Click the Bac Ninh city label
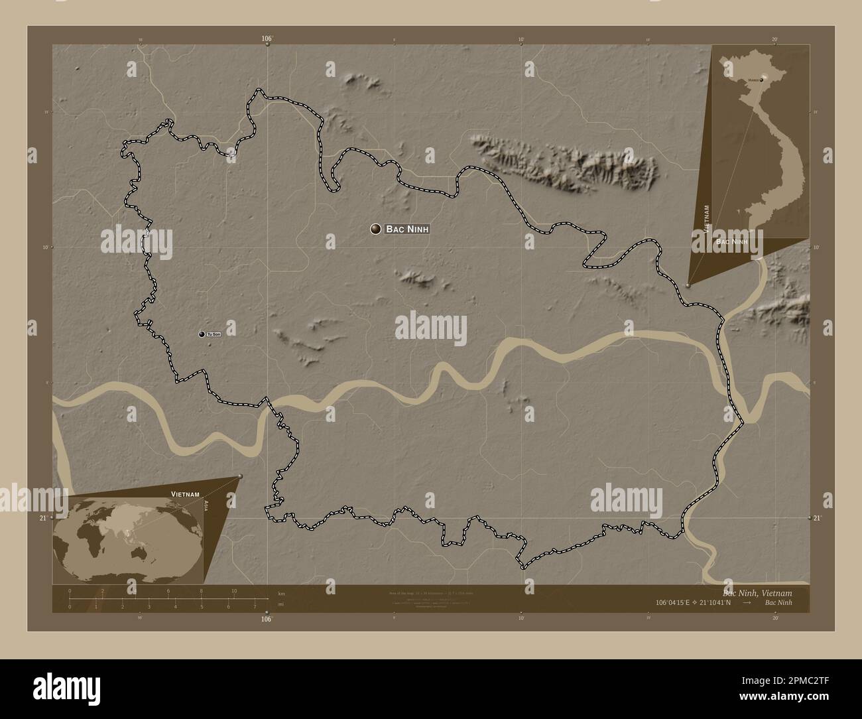click(x=407, y=229)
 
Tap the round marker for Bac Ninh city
click(x=376, y=229)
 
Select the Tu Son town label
click(x=214, y=334)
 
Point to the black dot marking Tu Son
click(x=202, y=334)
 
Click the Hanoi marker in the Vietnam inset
click(x=763, y=79)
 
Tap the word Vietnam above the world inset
click(x=185, y=495)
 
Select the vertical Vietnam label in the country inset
click(x=708, y=219)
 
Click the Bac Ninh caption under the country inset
click(x=731, y=243)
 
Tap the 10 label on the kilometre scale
click(x=233, y=591)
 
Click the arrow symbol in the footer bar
click(x=747, y=602)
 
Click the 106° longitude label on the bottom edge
click(x=267, y=619)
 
